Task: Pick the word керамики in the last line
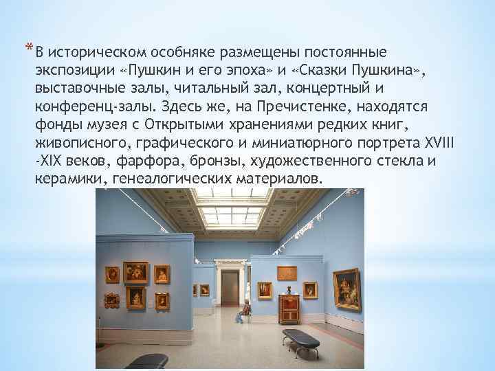point(65,179)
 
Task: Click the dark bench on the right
point(300,338)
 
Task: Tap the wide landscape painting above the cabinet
point(287,272)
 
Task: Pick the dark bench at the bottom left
point(147,361)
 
